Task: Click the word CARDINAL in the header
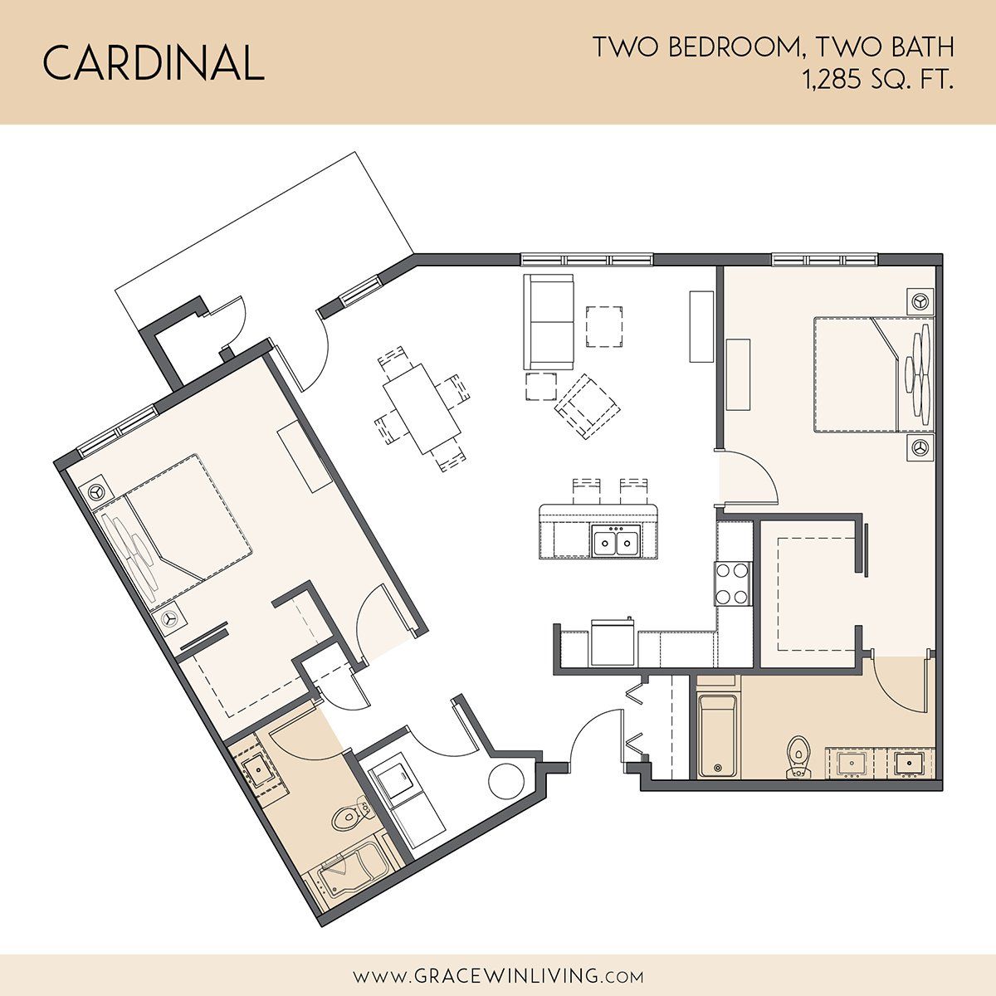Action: (153, 62)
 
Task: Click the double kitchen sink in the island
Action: (615, 540)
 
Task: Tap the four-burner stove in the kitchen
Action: (732, 583)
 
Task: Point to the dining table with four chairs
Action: (422, 409)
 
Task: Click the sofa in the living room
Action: (549, 321)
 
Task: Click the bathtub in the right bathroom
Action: (718, 736)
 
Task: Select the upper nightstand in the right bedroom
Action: (921, 301)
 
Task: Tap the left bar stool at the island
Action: (587, 491)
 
